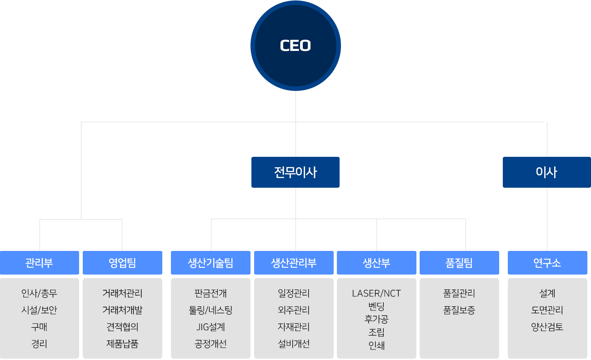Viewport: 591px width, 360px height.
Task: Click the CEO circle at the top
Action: click(x=295, y=45)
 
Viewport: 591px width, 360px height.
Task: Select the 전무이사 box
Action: click(x=295, y=172)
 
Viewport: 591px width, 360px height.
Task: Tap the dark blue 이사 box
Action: click(x=546, y=172)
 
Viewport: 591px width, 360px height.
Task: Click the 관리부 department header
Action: click(x=40, y=263)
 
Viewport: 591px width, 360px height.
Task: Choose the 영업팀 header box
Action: click(x=122, y=263)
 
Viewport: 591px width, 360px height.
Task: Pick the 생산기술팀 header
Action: click(x=210, y=263)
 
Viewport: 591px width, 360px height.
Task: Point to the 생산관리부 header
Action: click(x=294, y=263)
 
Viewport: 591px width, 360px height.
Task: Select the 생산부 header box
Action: click(x=376, y=263)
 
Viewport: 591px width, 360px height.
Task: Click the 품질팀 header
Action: click(x=459, y=263)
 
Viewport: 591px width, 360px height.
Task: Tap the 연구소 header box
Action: click(x=547, y=263)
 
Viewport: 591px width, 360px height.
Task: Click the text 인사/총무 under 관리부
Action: click(x=40, y=293)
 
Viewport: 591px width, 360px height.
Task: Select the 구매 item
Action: click(x=40, y=327)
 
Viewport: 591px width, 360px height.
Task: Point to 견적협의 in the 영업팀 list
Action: click(x=122, y=327)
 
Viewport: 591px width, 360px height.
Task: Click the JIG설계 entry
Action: click(x=210, y=327)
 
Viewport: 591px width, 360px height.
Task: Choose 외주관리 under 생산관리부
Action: click(x=294, y=310)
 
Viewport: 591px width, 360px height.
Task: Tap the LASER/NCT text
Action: click(x=376, y=293)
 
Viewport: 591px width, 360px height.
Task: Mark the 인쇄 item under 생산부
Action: click(x=376, y=345)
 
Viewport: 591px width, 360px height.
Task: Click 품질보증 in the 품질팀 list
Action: click(x=459, y=310)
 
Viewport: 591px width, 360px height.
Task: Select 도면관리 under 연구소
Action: click(x=547, y=310)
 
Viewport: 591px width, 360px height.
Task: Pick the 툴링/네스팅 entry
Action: click(x=210, y=310)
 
